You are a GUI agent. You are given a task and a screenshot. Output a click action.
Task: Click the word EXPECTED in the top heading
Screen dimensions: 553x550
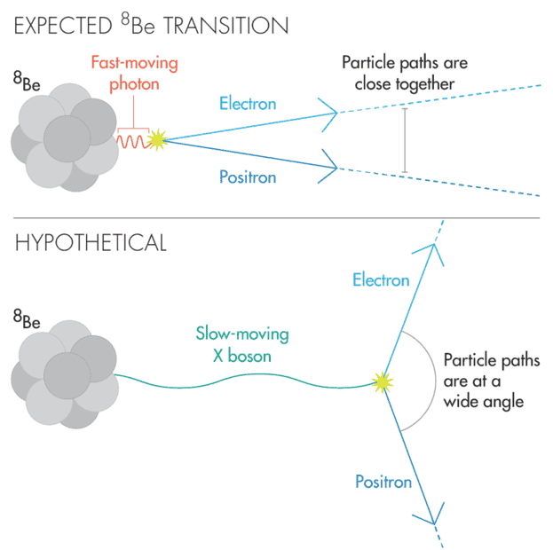(63, 26)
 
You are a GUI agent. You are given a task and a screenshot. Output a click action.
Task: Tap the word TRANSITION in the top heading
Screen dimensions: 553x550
(225, 26)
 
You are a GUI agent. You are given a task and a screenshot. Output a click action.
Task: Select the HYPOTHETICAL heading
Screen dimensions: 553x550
(91, 242)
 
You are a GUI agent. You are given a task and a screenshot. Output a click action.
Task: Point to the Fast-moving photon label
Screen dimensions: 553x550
(134, 74)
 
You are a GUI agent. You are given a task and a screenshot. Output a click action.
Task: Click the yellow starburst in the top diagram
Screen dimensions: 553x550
(158, 140)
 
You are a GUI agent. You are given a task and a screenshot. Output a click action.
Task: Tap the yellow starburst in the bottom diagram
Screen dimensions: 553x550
(383, 382)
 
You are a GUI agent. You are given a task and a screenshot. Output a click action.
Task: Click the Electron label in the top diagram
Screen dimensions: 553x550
(248, 104)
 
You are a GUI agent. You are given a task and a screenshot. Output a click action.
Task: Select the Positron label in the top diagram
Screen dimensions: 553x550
(248, 177)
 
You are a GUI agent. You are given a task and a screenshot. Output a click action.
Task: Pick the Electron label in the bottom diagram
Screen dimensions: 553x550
(381, 280)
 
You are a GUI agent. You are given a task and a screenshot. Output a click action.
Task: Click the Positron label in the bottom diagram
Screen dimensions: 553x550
(383, 482)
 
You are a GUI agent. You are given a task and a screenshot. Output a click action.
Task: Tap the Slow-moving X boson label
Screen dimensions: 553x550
(242, 344)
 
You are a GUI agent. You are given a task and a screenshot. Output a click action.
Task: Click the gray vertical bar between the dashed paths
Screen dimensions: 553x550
(405, 140)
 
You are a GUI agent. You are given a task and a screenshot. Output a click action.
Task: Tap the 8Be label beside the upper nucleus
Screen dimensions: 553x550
(27, 81)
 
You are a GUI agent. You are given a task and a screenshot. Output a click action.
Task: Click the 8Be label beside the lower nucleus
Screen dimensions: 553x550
(27, 318)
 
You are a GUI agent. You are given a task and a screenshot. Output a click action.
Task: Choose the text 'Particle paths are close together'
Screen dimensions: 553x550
(405, 74)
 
